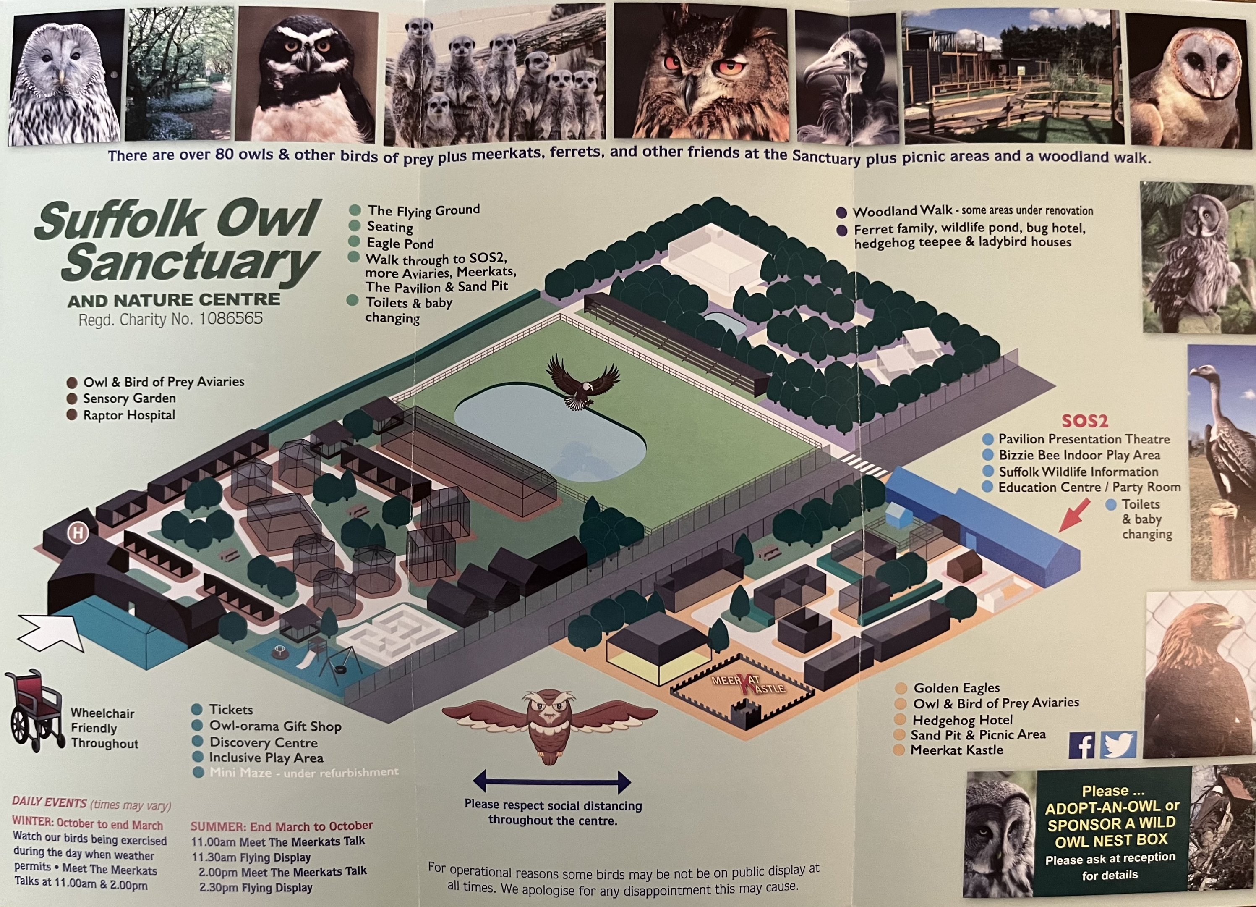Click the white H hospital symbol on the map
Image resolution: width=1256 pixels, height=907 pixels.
pyautogui.click(x=78, y=533)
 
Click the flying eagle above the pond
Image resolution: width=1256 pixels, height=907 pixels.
pyautogui.click(x=582, y=381)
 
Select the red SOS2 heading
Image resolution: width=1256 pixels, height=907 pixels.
pyautogui.click(x=1084, y=421)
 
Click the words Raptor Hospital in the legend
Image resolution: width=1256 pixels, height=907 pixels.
pyautogui.click(x=128, y=415)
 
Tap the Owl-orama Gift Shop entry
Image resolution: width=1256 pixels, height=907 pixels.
pyautogui.click(x=275, y=726)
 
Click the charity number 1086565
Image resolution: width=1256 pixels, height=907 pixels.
pyautogui.click(x=231, y=319)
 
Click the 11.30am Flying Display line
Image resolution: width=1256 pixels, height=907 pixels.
pyautogui.click(x=251, y=857)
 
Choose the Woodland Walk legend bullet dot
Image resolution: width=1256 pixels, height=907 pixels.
pyautogui.click(x=841, y=212)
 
